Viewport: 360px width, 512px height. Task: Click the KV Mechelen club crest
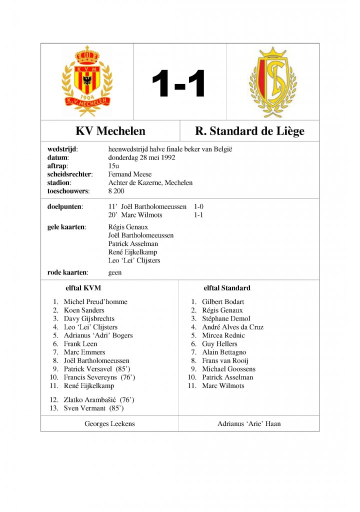click(x=87, y=81)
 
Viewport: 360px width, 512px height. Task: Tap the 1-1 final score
click(x=179, y=83)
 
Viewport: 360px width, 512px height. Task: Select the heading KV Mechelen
click(x=110, y=131)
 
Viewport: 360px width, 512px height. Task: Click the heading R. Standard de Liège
click(x=249, y=131)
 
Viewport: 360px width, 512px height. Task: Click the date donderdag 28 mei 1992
click(x=142, y=157)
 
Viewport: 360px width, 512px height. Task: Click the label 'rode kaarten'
click(x=67, y=272)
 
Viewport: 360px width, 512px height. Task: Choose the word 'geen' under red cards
click(x=115, y=272)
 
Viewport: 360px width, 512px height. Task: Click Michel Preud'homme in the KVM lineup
click(x=95, y=302)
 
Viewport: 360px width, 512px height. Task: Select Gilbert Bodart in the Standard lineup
click(x=223, y=302)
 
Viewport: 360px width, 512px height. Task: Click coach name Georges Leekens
click(x=110, y=423)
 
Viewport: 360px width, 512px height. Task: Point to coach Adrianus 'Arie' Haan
click(x=249, y=423)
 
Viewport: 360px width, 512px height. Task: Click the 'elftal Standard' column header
click(x=227, y=288)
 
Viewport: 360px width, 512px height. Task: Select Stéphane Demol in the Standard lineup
click(x=226, y=318)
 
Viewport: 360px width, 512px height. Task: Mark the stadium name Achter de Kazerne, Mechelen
click(x=150, y=183)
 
